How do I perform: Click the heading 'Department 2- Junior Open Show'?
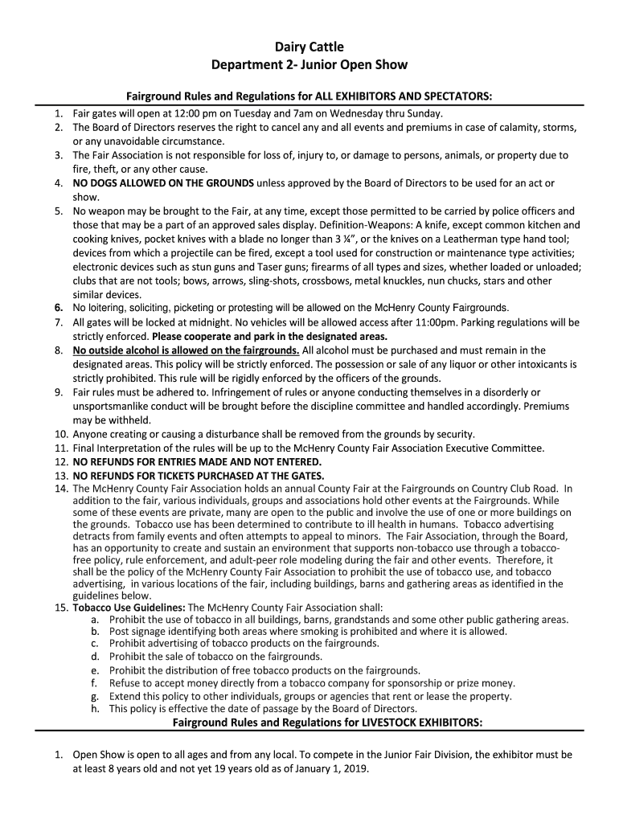pos(309,64)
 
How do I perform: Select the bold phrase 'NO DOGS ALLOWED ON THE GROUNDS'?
pos(163,182)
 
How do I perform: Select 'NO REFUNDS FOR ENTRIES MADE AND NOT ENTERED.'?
pos(197,461)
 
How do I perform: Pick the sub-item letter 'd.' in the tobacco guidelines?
pos(95,657)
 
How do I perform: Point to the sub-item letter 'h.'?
pos(95,709)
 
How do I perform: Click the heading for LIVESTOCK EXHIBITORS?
pos(328,723)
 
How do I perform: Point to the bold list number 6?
pos(59,308)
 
